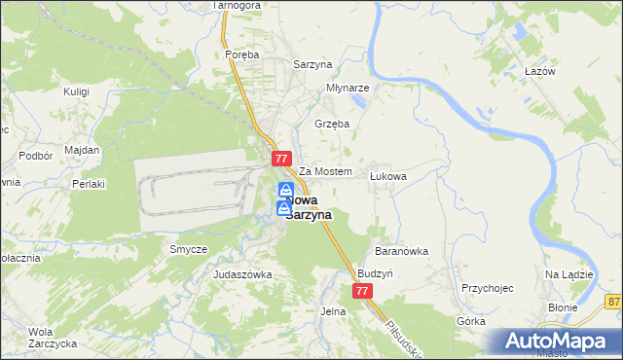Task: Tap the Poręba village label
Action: tap(241, 55)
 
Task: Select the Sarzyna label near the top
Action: tap(314, 64)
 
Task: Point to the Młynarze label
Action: tap(348, 87)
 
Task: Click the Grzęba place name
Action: tap(332, 125)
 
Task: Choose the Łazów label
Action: tap(539, 73)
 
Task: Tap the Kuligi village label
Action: tap(76, 91)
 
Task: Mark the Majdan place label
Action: tap(82, 150)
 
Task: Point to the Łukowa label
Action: tap(387, 176)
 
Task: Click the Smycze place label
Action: tap(188, 249)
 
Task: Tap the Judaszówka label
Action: tap(242, 275)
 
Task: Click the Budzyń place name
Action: tap(375, 274)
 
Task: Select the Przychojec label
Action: tap(488, 289)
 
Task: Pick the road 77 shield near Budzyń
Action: tap(362, 291)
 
